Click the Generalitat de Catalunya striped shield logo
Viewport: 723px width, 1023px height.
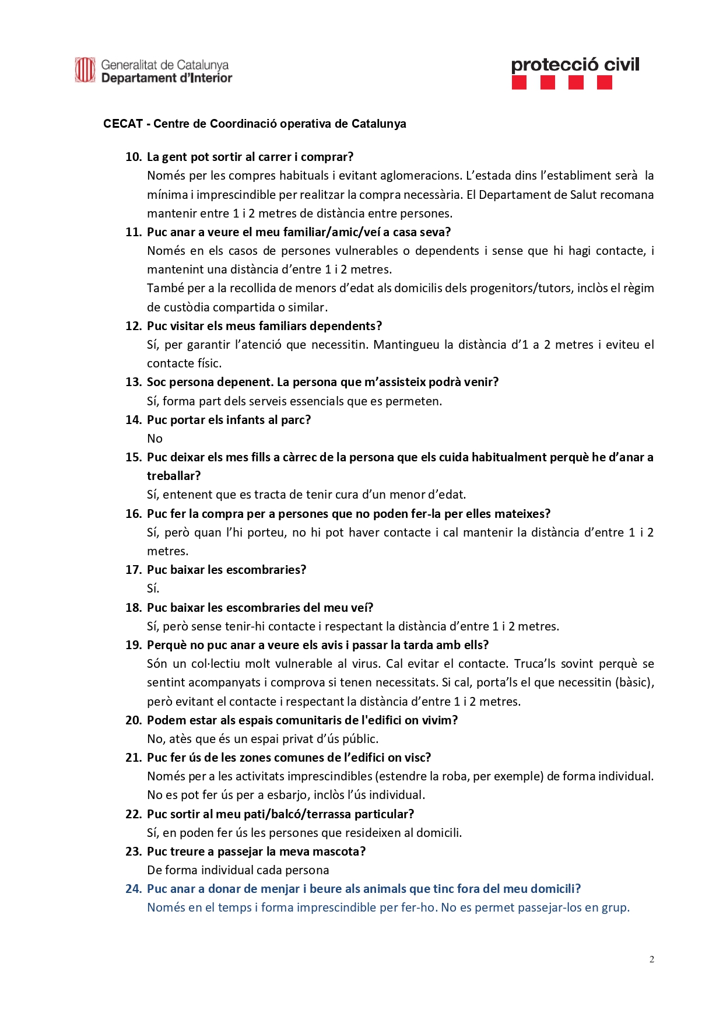point(85,70)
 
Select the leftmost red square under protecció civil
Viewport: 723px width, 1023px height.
point(519,83)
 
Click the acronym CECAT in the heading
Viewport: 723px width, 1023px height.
point(123,124)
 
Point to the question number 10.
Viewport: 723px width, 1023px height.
point(134,157)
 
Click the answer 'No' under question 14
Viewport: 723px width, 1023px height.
point(155,439)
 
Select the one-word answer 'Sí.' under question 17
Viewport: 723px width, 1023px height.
point(153,588)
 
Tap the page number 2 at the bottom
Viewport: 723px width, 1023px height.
point(651,959)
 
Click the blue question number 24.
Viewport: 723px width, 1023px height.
point(134,889)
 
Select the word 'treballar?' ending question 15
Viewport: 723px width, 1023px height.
point(174,476)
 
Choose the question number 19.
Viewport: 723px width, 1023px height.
point(134,645)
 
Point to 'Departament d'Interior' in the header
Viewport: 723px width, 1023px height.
point(167,78)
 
